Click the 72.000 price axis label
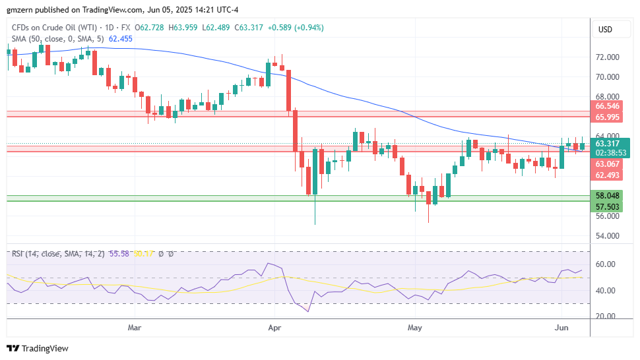pyautogui.click(x=607, y=57)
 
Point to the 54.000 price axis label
pyautogui.click(x=607, y=235)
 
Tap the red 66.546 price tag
pyautogui.click(x=607, y=106)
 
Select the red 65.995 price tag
pyautogui.click(x=607, y=117)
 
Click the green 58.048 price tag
pyautogui.click(x=607, y=196)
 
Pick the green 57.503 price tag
pyautogui.click(x=607, y=206)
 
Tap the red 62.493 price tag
pyautogui.click(x=607, y=175)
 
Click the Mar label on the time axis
pyautogui.click(x=135, y=327)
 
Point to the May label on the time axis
pyautogui.click(x=414, y=327)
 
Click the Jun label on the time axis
pyautogui.click(x=561, y=327)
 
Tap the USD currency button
pyautogui.click(x=604, y=30)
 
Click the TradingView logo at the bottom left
pyautogui.click(x=38, y=348)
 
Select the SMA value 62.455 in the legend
pyautogui.click(x=121, y=39)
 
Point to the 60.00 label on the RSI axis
pyautogui.click(x=605, y=264)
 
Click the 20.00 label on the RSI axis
pyautogui.click(x=605, y=316)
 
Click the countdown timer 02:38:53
pyautogui.click(x=610, y=153)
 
